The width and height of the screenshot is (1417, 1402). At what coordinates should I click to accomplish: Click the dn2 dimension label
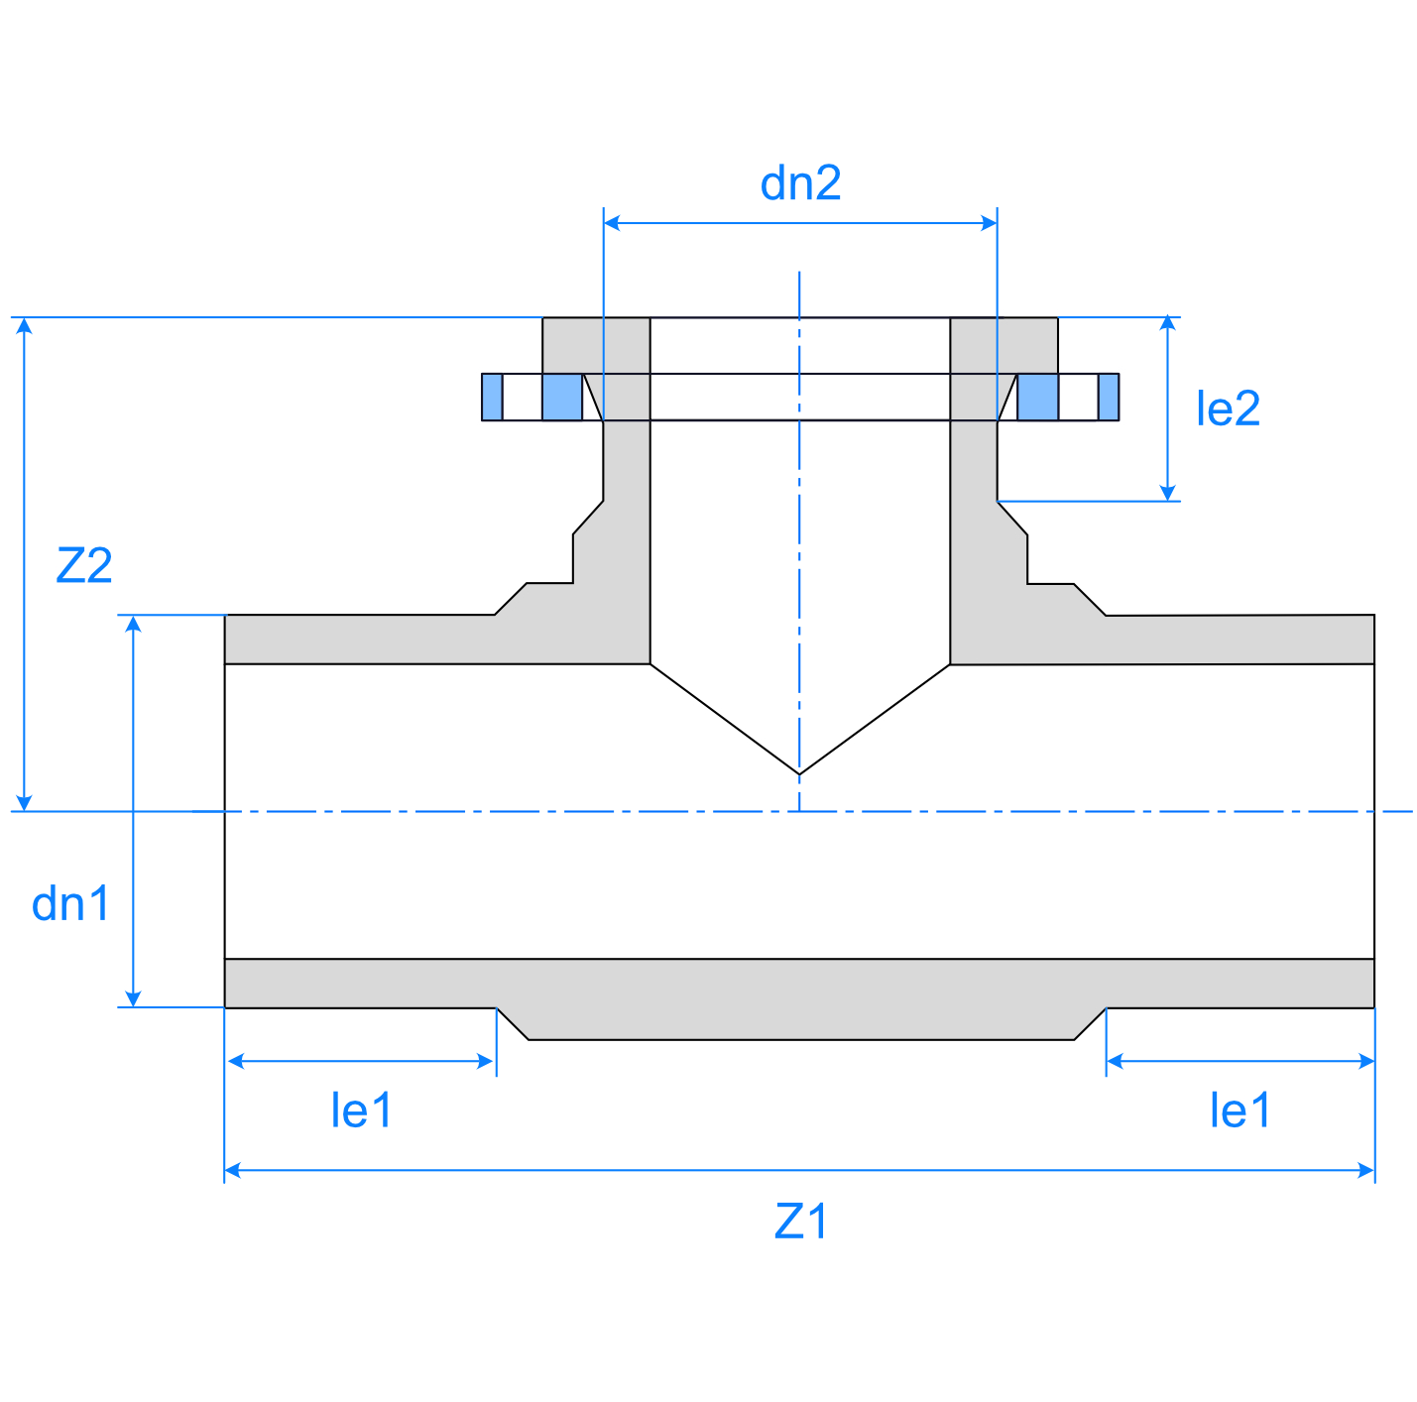(x=800, y=184)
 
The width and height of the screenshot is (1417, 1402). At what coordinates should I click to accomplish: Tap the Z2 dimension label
(x=84, y=566)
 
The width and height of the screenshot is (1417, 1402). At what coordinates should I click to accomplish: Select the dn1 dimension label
(x=70, y=904)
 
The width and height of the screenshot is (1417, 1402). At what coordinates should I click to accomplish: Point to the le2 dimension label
(x=1228, y=409)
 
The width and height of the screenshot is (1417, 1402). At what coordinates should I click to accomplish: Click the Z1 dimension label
(x=800, y=1222)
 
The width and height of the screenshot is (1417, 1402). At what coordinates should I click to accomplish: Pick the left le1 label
(x=361, y=1110)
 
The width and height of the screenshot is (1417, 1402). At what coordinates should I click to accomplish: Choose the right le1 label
(x=1240, y=1110)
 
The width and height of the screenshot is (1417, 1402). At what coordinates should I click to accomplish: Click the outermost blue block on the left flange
(x=492, y=397)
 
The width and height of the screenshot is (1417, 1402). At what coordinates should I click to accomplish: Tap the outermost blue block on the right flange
(x=1109, y=397)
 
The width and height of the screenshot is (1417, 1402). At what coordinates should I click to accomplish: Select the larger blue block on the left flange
(x=562, y=397)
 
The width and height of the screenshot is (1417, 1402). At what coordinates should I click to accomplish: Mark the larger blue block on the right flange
(x=1038, y=397)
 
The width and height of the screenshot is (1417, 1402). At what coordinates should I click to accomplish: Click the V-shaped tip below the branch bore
(x=799, y=772)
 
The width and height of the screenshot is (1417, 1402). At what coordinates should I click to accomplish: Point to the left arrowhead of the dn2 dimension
(x=612, y=223)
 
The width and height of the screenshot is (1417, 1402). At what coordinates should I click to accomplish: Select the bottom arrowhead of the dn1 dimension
(x=133, y=998)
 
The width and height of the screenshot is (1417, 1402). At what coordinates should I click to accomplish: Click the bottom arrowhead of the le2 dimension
(x=1168, y=493)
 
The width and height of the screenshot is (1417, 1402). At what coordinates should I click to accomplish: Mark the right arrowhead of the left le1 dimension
(x=487, y=1061)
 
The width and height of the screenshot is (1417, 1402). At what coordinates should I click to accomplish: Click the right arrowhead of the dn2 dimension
(x=989, y=223)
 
